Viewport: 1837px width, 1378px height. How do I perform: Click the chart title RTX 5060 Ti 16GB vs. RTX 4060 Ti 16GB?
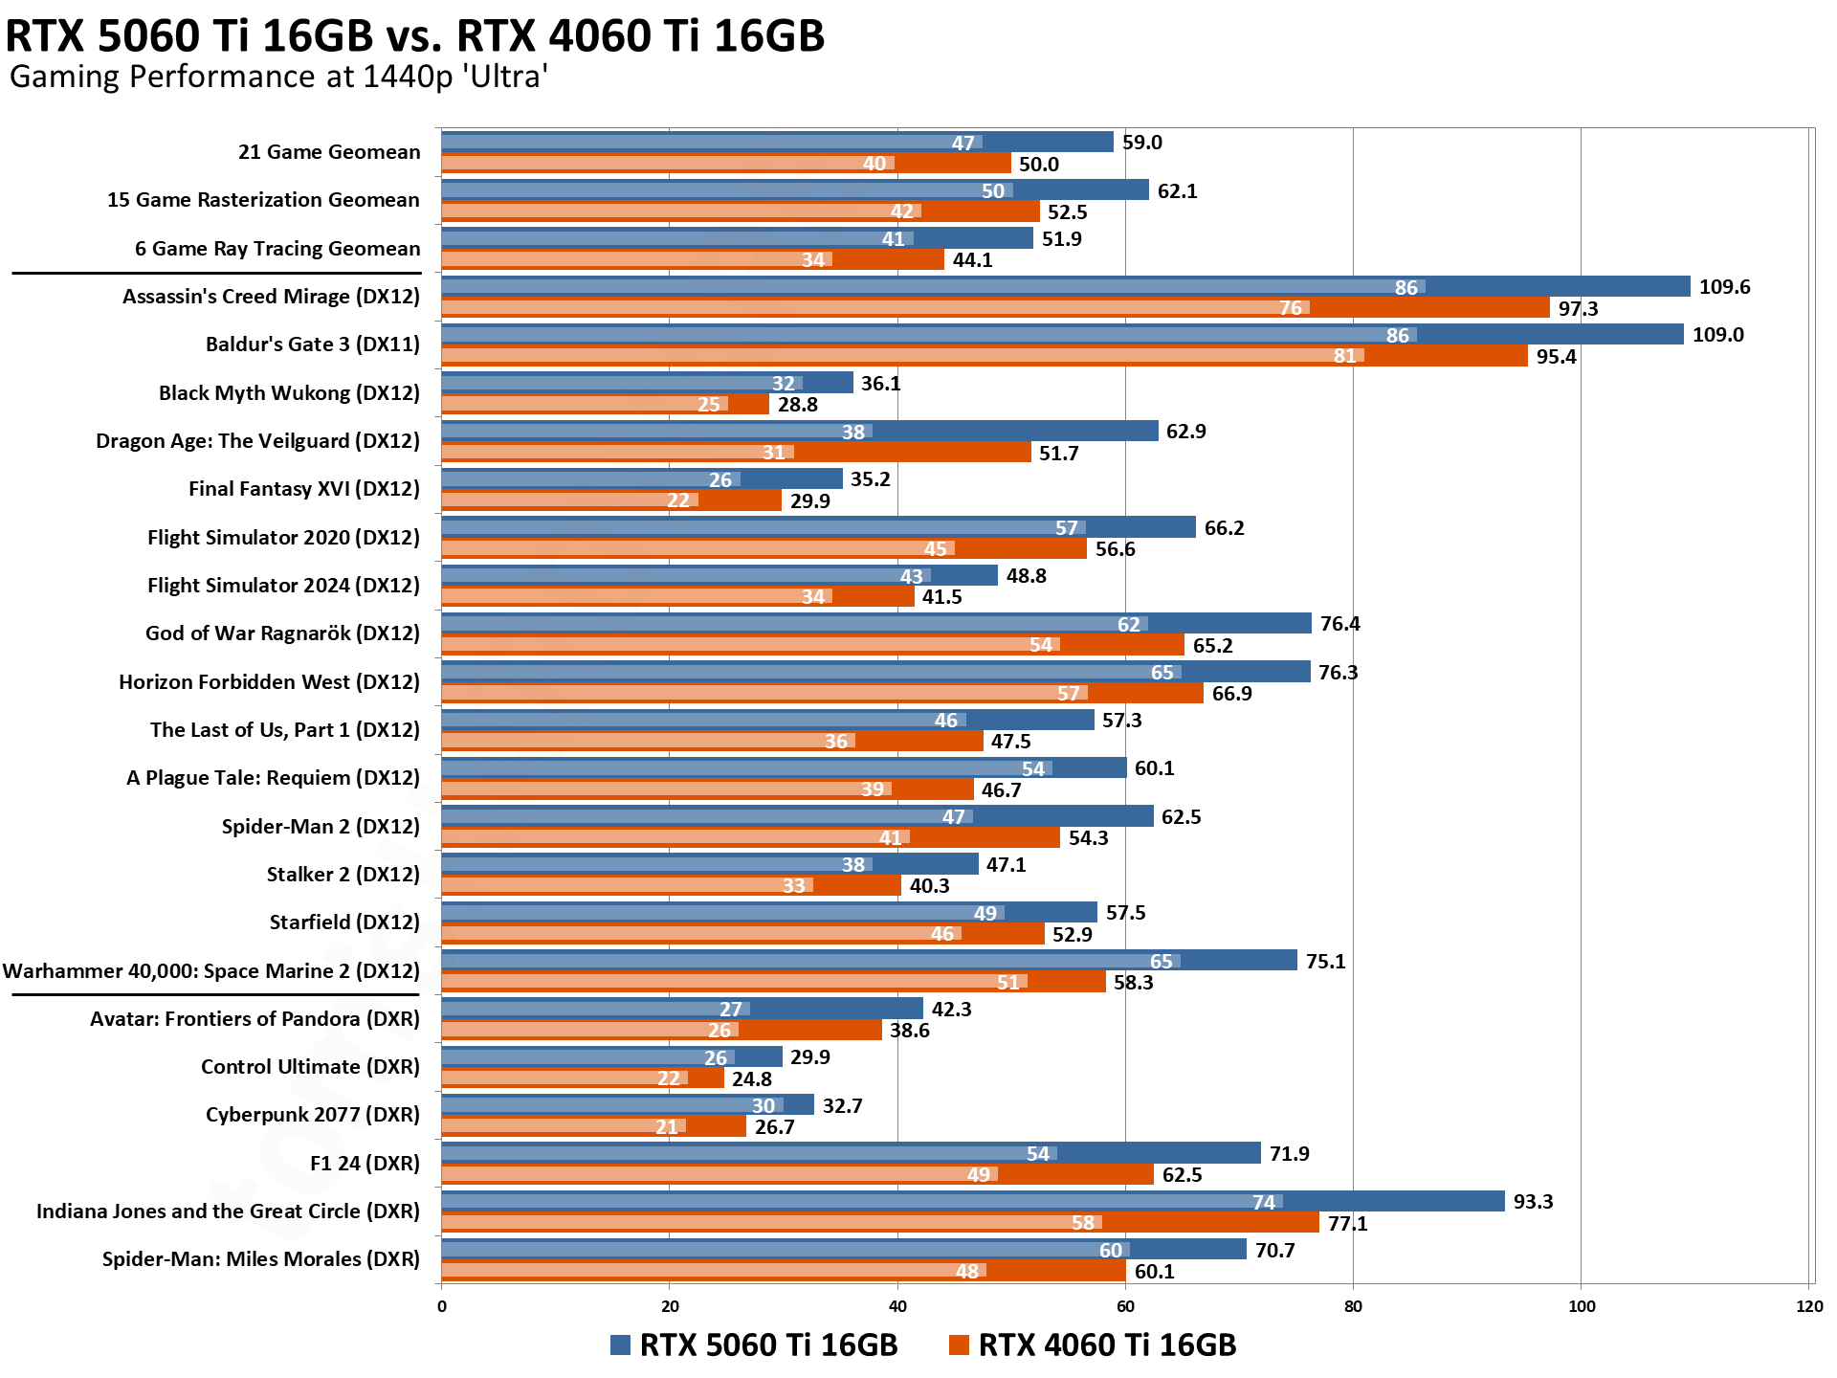pos(414,36)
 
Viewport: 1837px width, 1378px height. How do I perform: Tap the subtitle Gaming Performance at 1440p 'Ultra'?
pos(278,77)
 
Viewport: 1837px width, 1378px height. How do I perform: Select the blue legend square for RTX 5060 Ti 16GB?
pos(620,1345)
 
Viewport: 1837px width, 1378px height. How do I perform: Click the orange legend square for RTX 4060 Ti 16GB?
pos(959,1345)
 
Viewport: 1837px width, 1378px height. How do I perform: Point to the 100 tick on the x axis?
pos(1582,1307)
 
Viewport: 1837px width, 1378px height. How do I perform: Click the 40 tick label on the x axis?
pos(897,1307)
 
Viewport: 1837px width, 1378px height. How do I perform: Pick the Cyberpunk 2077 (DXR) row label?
pos(312,1115)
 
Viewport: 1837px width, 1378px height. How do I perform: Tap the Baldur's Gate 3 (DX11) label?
pos(312,344)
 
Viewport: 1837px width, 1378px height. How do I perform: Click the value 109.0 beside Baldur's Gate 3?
pos(1717,335)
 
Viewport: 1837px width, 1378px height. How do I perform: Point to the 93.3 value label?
pos(1533,1202)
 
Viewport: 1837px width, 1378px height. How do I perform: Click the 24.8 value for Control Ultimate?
pos(751,1079)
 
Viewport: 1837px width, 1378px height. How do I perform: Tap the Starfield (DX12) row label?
pos(344,922)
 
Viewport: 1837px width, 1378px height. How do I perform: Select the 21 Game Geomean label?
pos(329,152)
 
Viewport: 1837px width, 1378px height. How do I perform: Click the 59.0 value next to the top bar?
pos(1141,143)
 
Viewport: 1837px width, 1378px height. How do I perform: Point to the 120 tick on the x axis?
pos(1809,1307)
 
